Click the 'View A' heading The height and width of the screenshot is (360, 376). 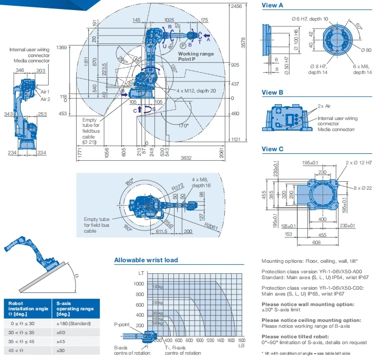(272, 5)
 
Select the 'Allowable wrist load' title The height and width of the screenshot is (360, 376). (146, 260)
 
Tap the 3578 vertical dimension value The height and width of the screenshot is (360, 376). (243, 46)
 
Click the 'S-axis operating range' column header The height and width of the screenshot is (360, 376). (73, 307)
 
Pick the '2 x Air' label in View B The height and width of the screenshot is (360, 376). (324, 106)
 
